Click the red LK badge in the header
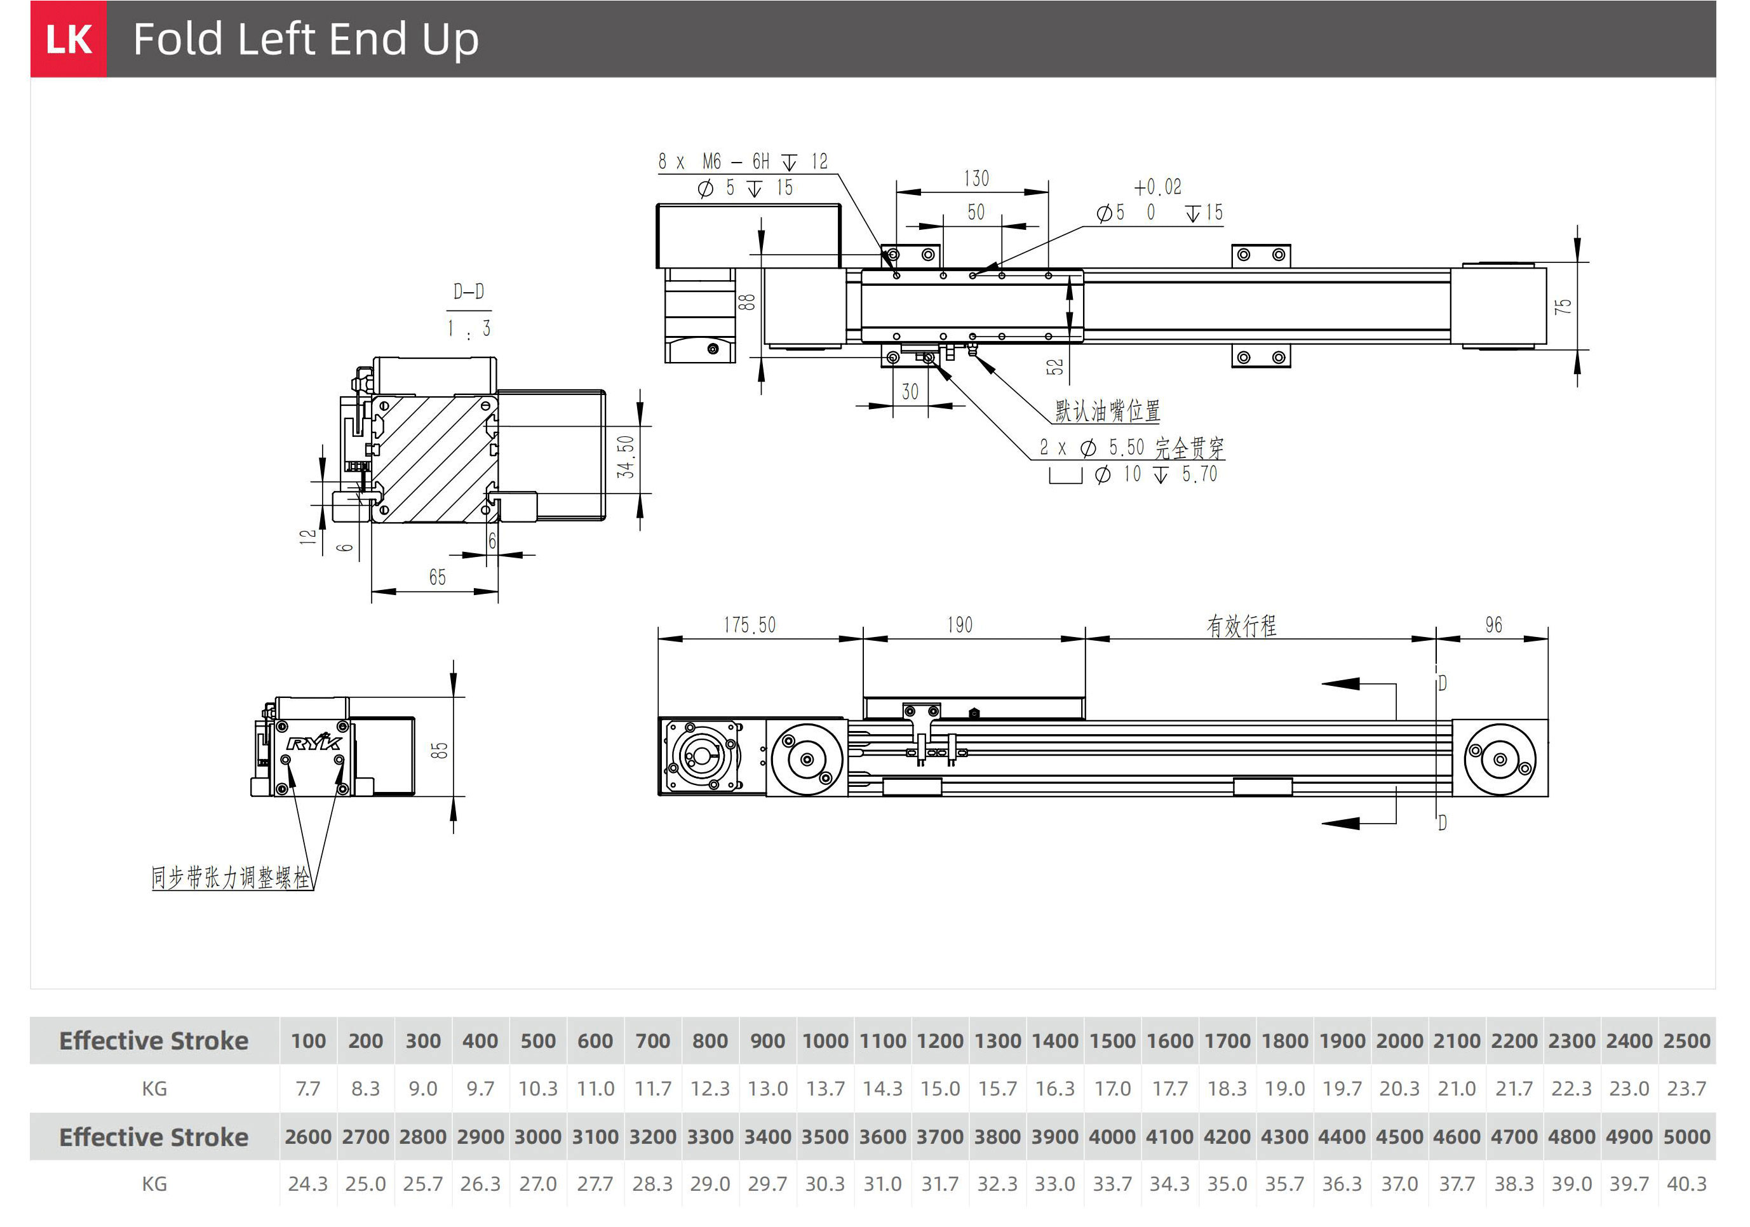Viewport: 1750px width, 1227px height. [x=69, y=39]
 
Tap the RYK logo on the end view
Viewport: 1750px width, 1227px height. [x=314, y=742]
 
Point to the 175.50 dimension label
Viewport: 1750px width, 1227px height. [x=750, y=626]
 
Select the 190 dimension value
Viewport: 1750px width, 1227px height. [x=960, y=626]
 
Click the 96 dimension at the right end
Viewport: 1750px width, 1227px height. [x=1493, y=626]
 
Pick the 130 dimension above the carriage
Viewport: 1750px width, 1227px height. [x=976, y=179]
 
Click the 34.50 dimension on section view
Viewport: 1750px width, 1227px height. [x=626, y=457]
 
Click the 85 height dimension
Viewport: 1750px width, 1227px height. [x=440, y=751]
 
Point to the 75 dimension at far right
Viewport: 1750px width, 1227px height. [x=1563, y=306]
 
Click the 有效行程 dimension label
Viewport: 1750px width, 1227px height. [x=1241, y=626]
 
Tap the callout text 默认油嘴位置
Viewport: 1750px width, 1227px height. [x=1107, y=412]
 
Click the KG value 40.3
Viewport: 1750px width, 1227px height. [x=1686, y=1184]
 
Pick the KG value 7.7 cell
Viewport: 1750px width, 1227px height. [x=308, y=1089]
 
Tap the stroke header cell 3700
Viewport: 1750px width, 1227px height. [x=939, y=1136]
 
